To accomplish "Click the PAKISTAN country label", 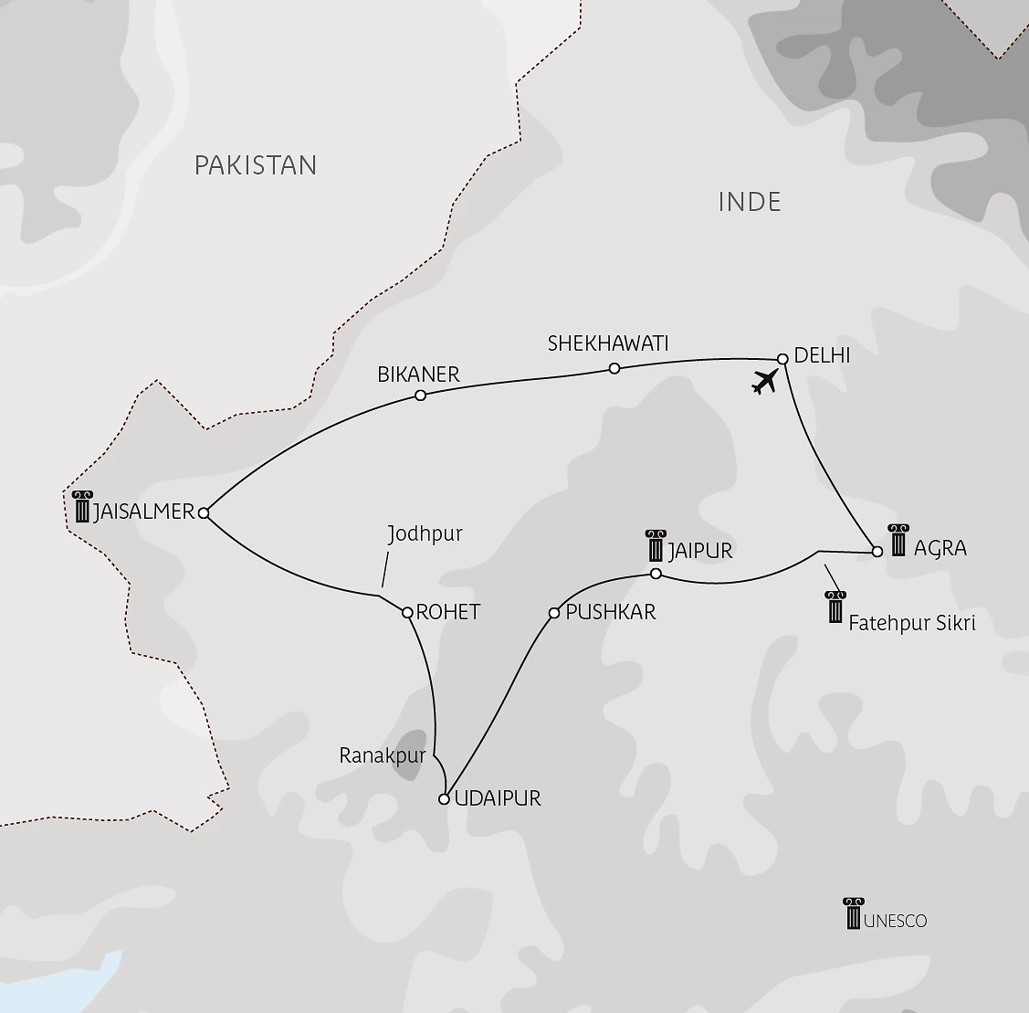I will click(256, 165).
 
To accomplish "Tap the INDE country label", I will click(750, 202).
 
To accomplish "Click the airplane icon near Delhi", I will click(765, 382).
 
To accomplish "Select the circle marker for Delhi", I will click(782, 359).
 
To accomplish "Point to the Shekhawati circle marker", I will click(614, 368).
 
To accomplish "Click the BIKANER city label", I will click(418, 375).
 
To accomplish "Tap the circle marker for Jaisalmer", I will click(204, 513).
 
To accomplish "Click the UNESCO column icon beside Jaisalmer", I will click(83, 506).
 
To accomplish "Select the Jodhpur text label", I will click(425, 534).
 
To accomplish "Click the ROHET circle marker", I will click(408, 612).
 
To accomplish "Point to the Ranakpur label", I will click(383, 755).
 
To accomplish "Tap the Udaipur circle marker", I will click(444, 799).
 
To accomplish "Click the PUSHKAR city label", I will click(610, 612).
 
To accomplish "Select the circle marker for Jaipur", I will click(655, 574).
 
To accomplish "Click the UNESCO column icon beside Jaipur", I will click(656, 545).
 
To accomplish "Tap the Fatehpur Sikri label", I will click(912, 624).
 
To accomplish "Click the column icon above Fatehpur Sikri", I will click(835, 607).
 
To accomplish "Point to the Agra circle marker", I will click(877, 552).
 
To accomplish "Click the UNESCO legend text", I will click(895, 921).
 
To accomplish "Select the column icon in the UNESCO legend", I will click(853, 913).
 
